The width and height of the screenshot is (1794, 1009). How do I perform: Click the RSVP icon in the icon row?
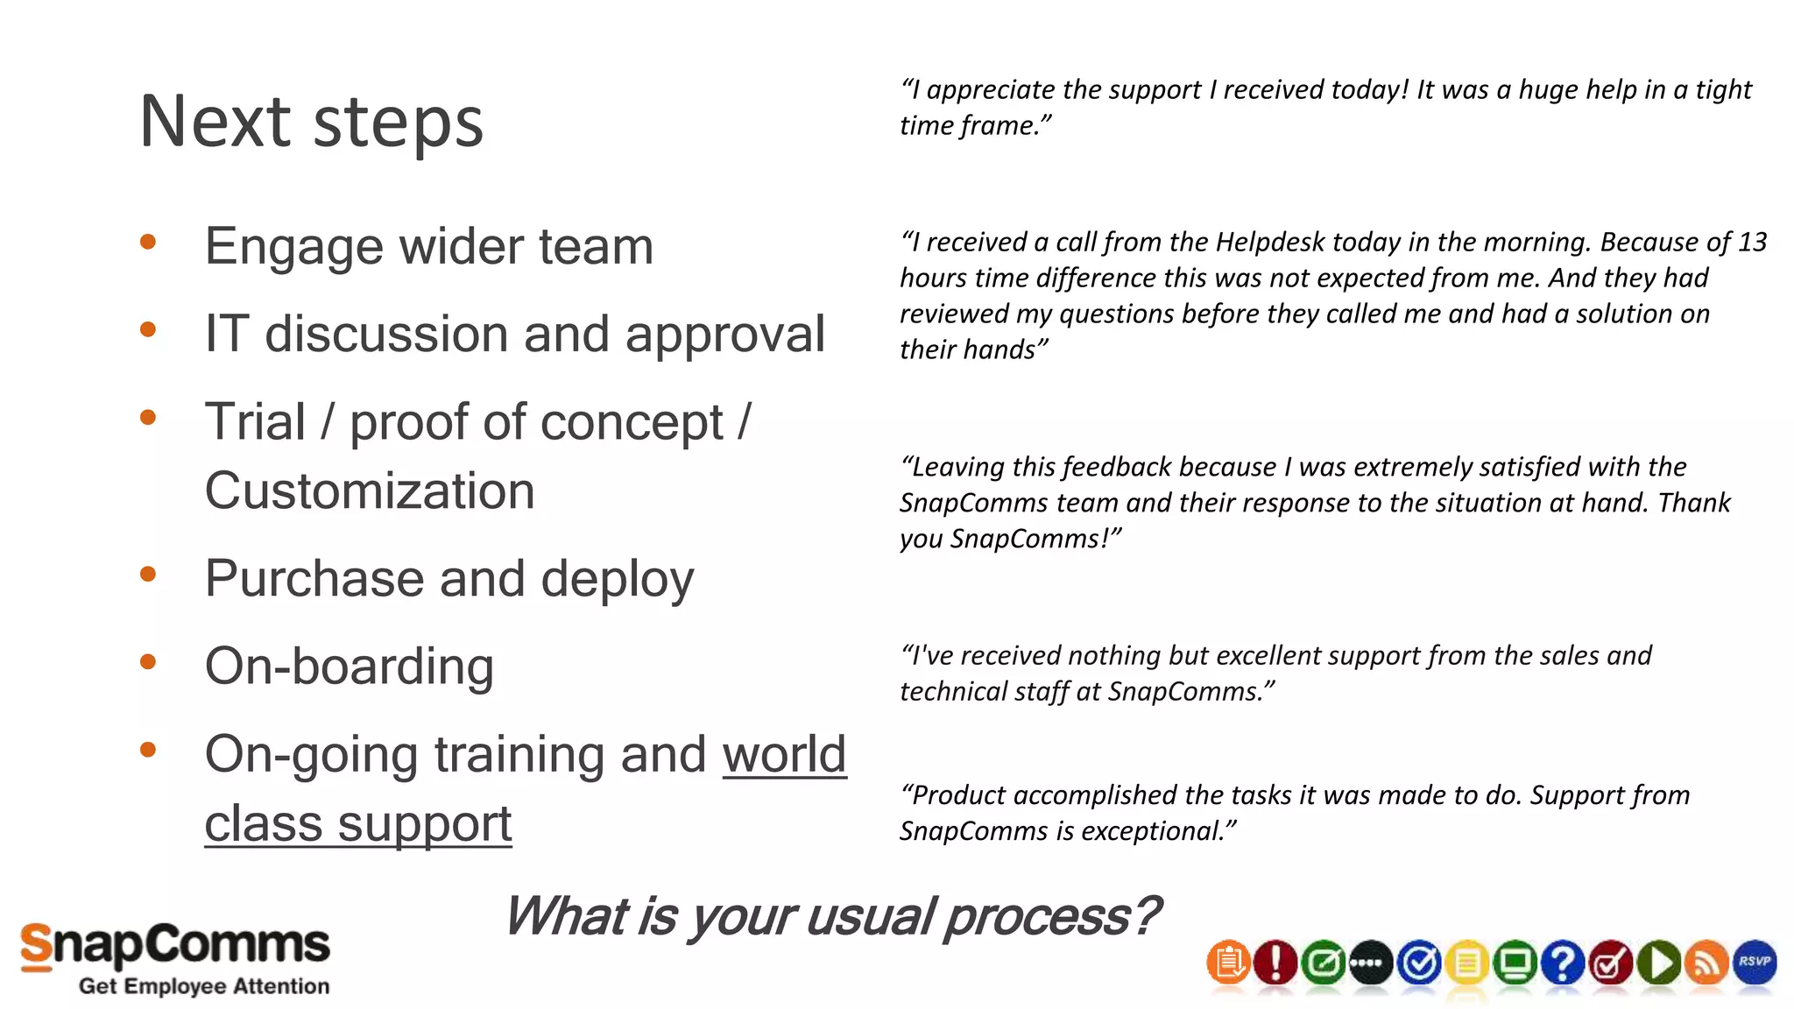[x=1755, y=962]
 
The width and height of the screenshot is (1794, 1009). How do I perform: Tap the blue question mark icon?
[x=1563, y=963]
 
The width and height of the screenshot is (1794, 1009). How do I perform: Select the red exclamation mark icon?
[x=1275, y=963]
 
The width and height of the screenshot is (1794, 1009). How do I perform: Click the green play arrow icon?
[x=1659, y=963]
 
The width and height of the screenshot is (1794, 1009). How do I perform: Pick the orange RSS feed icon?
[x=1706, y=963]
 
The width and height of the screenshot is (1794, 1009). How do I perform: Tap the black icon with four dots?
[x=1371, y=963]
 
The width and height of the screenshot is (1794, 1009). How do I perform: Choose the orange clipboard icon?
[x=1228, y=963]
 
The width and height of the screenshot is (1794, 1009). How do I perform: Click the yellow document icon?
[x=1467, y=963]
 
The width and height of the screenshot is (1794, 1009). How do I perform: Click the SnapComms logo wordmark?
[x=175, y=946]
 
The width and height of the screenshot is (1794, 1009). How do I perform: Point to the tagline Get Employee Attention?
[x=204, y=986]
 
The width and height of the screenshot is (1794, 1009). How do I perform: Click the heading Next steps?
[x=311, y=122]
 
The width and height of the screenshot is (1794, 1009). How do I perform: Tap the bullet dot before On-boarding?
[x=148, y=662]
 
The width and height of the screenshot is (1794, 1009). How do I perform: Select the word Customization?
[x=370, y=490]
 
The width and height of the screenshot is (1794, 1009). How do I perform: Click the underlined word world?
[x=784, y=754]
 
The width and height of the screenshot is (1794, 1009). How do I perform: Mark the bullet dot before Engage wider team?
[x=148, y=242]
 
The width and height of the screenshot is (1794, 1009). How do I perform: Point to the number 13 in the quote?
[x=1752, y=242]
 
